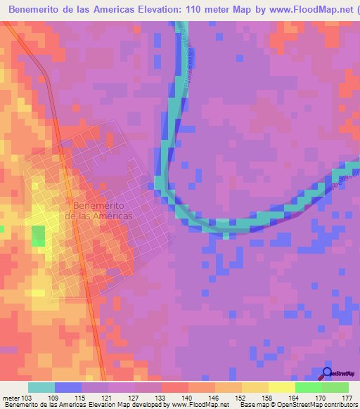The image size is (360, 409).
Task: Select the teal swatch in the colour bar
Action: coord(41,387)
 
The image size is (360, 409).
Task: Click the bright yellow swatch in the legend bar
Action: coord(282,387)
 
